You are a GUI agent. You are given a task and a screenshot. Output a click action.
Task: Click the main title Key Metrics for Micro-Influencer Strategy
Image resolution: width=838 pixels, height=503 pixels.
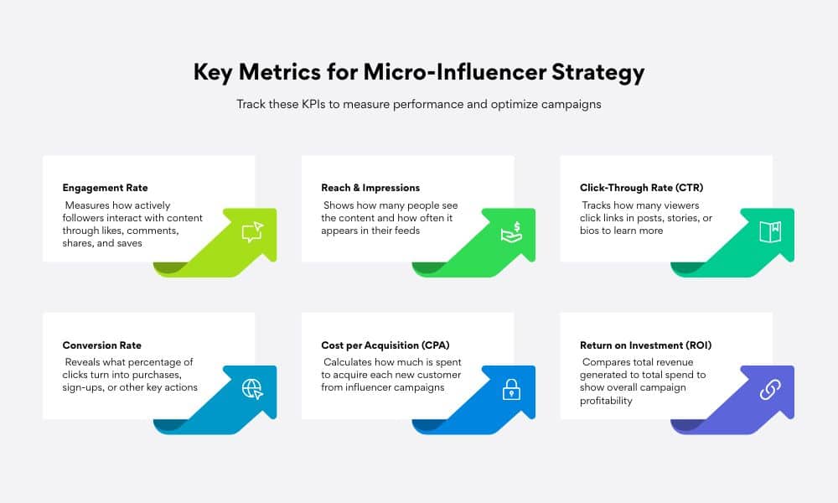[419, 72]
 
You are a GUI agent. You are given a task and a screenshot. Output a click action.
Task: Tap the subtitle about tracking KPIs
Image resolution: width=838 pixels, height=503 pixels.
[419, 104]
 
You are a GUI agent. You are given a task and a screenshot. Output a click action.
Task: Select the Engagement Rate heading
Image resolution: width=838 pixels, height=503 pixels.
[106, 188]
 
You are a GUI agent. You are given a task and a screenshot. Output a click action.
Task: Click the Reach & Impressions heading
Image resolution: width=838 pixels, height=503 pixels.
[370, 188]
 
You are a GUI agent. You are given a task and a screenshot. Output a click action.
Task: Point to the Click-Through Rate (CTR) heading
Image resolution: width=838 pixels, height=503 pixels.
[641, 188]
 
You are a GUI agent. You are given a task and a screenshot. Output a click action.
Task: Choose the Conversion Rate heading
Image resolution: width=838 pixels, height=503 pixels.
[102, 345]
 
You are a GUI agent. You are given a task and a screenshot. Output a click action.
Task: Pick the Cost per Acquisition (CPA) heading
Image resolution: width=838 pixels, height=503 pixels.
[385, 345]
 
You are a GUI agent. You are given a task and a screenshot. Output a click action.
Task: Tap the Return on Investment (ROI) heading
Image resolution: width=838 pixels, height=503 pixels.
[645, 345]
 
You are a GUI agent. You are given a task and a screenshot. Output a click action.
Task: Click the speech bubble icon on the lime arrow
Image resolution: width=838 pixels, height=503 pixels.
[253, 232]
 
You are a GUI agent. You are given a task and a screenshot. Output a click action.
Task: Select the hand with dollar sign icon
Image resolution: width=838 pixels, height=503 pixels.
[511, 232]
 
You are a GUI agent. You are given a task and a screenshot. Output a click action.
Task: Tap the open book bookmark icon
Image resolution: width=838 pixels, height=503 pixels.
[770, 232]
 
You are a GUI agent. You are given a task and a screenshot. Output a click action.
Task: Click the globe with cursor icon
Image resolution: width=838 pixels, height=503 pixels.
[253, 389]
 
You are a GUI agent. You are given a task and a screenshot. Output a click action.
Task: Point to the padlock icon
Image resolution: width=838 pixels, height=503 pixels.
[511, 390]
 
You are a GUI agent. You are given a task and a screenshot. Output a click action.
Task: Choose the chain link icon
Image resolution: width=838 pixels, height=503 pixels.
[770, 390]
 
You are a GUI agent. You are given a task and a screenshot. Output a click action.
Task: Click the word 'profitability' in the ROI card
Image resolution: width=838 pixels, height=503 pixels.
[606, 401]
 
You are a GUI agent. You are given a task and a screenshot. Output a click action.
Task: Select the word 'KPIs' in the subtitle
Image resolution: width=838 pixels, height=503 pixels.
[313, 104]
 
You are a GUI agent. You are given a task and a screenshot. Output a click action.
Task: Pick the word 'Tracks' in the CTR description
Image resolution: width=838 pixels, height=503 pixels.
[597, 205]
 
